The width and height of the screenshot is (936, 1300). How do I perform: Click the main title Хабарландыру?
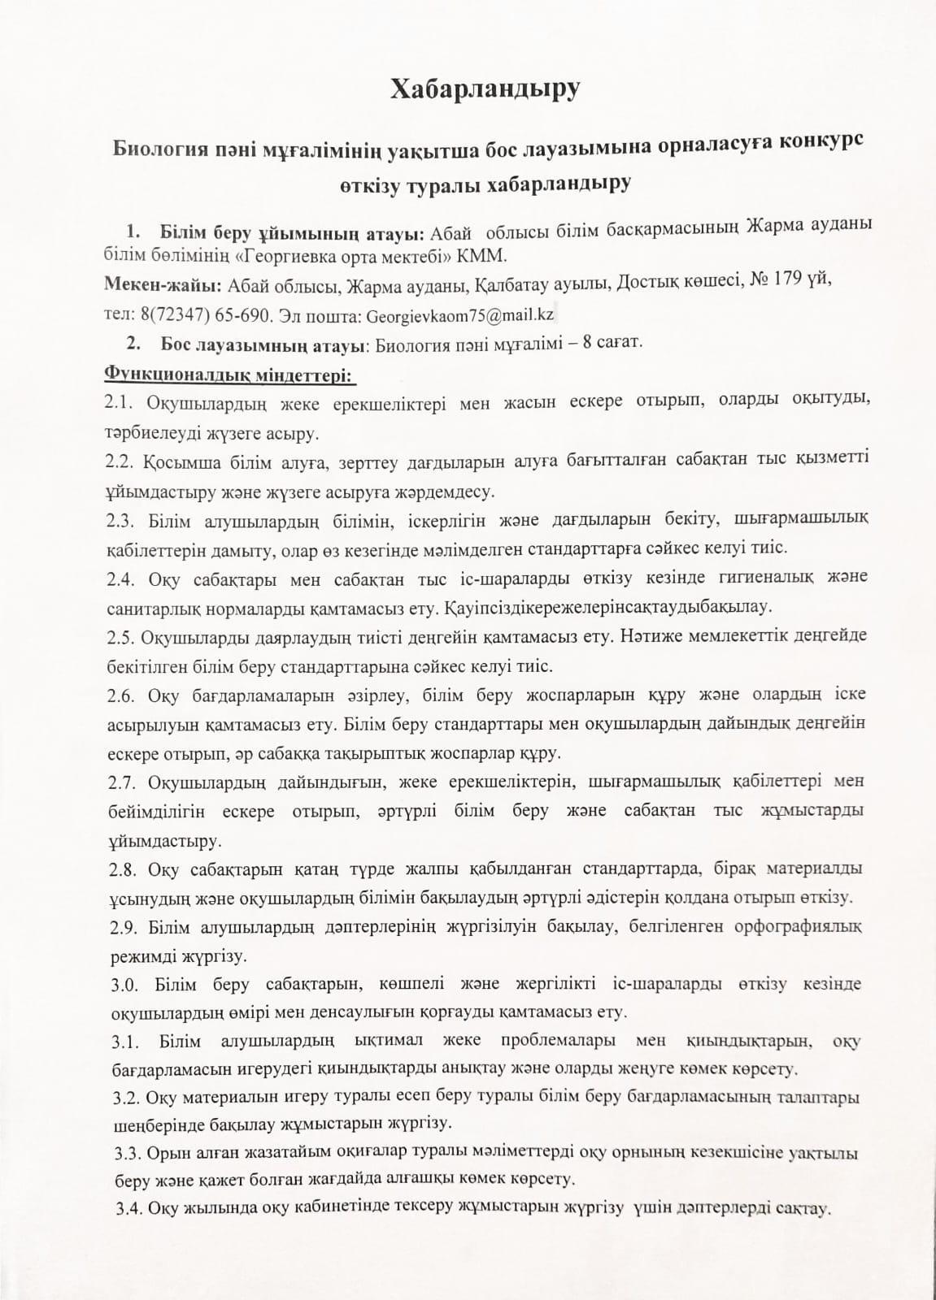point(485,89)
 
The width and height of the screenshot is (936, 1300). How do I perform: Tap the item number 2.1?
point(122,402)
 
